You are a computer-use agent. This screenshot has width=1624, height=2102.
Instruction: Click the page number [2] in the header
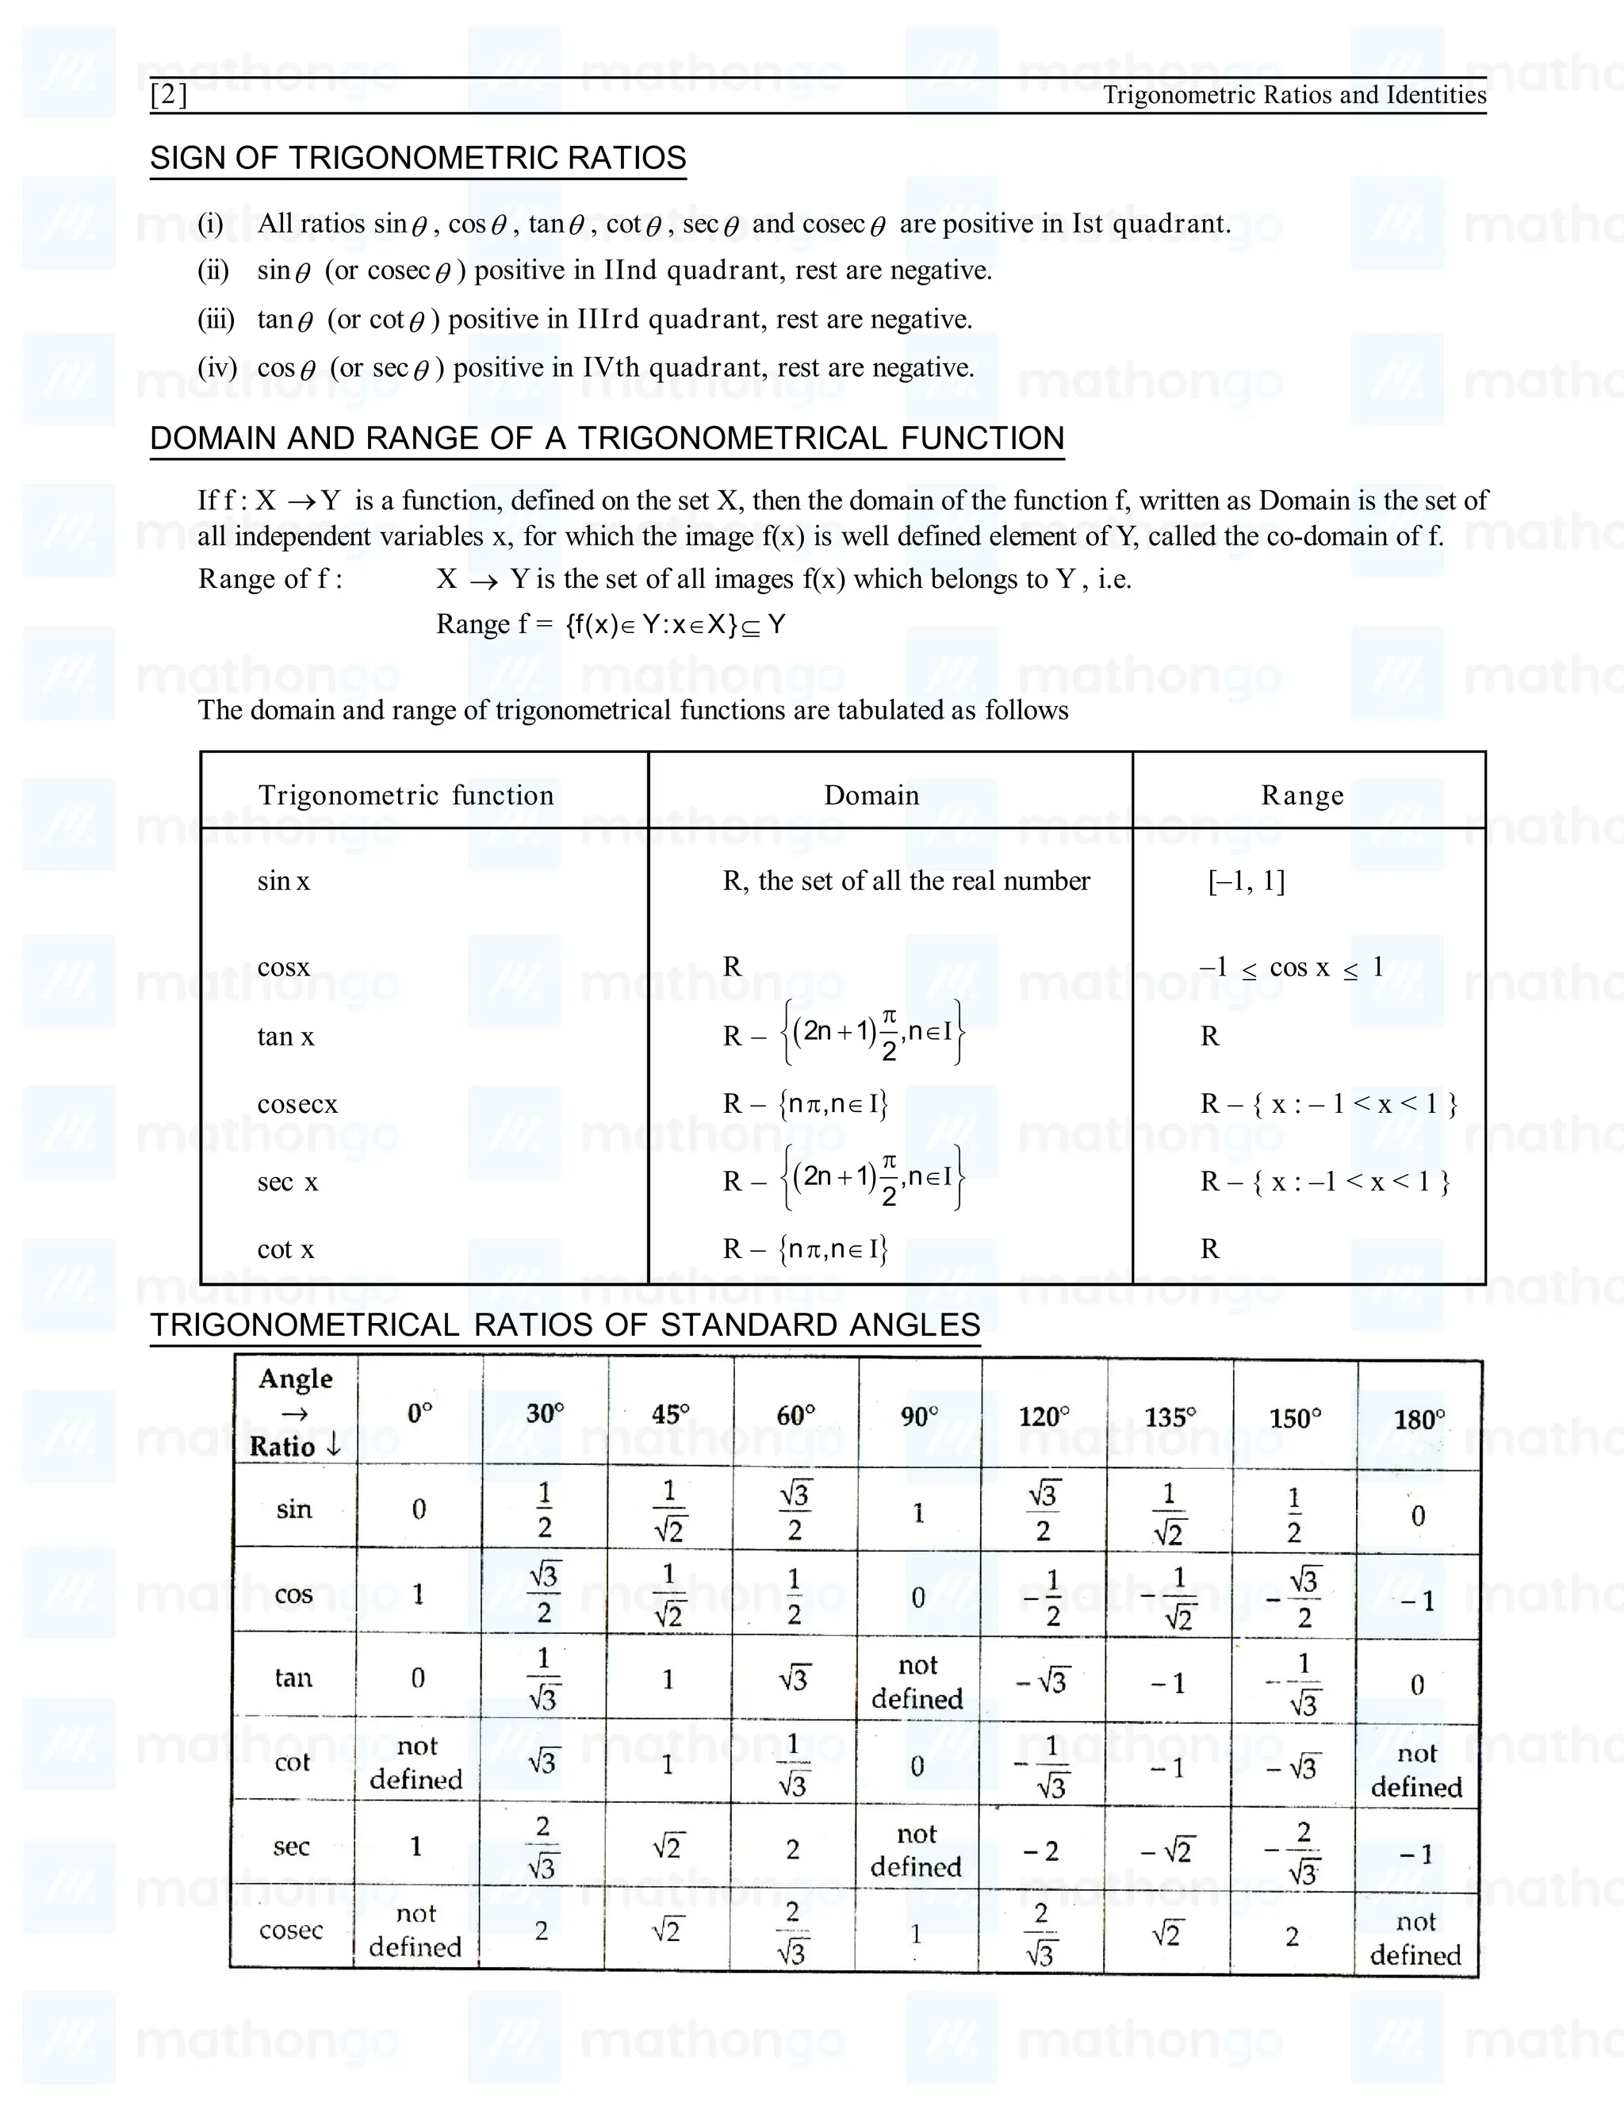[170, 95]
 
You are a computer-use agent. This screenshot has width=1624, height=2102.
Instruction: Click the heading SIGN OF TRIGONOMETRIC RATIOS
[418, 158]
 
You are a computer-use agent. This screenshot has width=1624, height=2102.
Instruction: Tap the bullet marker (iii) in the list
[216, 319]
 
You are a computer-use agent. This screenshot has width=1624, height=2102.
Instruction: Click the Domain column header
[871, 795]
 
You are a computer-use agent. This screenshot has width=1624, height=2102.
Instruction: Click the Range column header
[1303, 795]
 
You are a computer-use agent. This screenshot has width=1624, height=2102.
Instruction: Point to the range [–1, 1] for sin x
[1247, 880]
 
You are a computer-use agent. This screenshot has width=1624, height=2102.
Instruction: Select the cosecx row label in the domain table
[297, 1104]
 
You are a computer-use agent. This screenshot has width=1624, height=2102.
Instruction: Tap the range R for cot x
[1210, 1249]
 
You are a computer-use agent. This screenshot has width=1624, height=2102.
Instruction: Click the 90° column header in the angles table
[920, 1416]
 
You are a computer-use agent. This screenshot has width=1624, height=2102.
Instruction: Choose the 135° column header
[1170, 1417]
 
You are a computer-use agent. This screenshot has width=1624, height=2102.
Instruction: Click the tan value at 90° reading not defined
[917, 1682]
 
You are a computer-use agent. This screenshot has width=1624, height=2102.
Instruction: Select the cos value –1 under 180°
[1418, 1601]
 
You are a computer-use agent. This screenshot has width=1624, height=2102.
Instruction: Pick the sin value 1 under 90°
[919, 1513]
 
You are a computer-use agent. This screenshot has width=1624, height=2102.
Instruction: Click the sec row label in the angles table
[292, 1846]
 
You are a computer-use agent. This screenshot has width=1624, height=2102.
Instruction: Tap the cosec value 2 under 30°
[542, 1931]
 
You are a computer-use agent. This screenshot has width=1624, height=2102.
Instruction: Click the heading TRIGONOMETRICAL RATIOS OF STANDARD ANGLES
[565, 1325]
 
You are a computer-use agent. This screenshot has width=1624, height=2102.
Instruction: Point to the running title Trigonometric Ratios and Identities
[1294, 95]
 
